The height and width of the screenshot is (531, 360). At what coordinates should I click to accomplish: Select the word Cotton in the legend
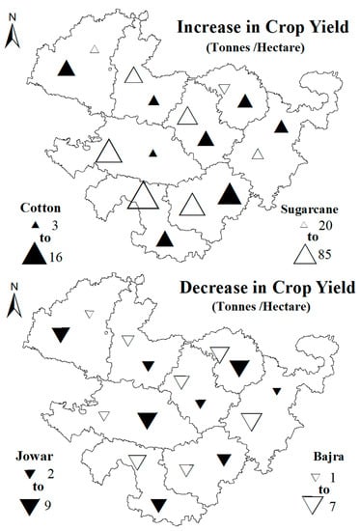[x=36, y=206]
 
